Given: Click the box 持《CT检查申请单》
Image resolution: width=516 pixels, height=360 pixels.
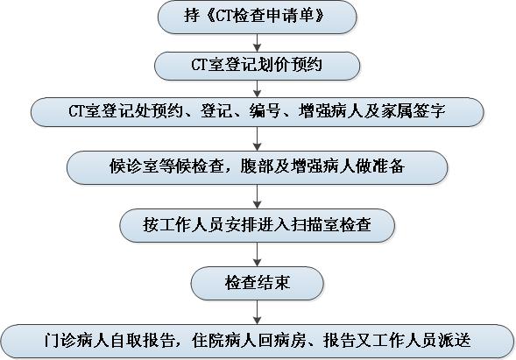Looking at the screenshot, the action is point(257,17).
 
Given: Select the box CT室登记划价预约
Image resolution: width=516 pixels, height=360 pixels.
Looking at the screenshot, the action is point(257,66).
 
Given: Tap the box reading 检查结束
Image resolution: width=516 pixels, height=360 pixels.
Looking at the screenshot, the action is point(257,283).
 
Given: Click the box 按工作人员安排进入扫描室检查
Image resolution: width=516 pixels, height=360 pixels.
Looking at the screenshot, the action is point(257,225).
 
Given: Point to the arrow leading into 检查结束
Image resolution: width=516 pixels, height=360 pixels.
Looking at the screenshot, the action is point(257,254).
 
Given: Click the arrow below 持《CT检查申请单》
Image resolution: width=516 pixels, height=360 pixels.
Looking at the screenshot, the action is point(257,43).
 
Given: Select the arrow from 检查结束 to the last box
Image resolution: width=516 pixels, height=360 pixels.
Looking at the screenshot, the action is point(257,313).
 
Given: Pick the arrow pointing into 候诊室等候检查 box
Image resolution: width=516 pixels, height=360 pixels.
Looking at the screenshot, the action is point(257,139).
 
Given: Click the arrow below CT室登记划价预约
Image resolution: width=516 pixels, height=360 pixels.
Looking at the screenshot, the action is point(257,88).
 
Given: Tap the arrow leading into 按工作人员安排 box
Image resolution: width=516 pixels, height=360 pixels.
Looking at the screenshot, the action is point(257,196).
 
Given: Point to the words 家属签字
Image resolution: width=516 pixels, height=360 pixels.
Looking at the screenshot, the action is point(413,111).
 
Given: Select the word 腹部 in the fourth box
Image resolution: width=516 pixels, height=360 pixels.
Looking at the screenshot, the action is point(257,166).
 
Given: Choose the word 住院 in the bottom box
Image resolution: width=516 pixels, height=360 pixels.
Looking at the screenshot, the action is point(208,340).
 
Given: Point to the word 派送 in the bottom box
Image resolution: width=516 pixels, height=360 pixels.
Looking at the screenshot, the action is point(455,340).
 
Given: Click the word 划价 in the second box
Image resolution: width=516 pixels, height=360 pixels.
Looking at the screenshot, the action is point(273,65).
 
